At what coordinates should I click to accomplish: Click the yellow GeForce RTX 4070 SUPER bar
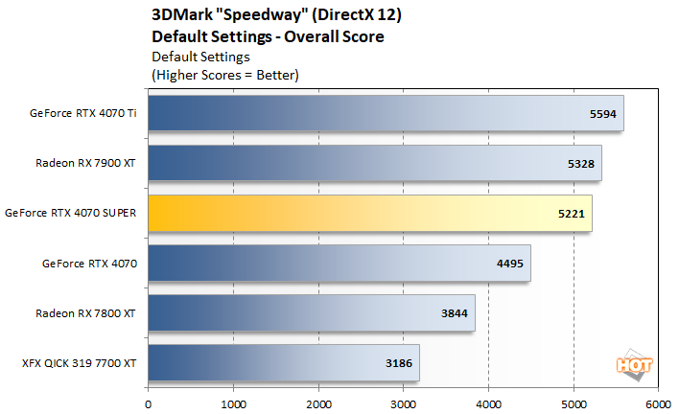369,213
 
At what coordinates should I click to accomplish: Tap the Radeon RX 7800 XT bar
312,312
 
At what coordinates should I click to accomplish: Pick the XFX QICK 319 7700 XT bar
284,362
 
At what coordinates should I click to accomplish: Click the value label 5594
601,114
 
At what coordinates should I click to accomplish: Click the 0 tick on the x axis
148,402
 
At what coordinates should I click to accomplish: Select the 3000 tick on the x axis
403,402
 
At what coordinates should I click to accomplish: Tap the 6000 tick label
658,402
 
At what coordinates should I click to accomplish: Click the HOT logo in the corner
630,364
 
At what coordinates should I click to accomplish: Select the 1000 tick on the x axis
233,402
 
